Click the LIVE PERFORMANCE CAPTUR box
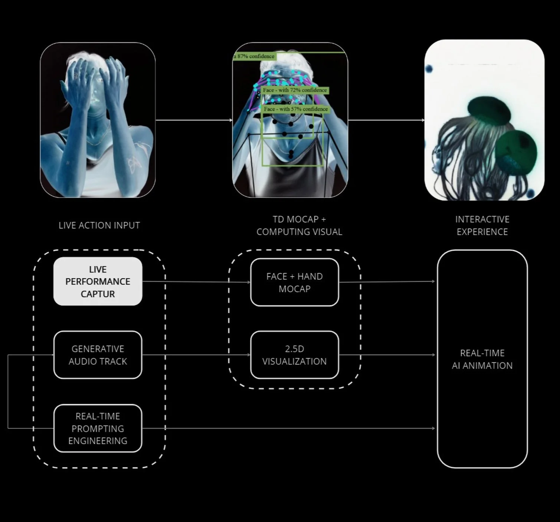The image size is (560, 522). coord(98,281)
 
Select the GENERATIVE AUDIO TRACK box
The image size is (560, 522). coord(98,355)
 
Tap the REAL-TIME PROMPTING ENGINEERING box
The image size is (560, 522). coord(98,428)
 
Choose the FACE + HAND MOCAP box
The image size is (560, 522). coord(294,282)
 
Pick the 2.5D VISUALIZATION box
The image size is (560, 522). coord(294,355)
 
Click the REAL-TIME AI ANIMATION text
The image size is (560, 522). coord(482,359)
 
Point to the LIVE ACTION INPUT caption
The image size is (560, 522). coord(99,225)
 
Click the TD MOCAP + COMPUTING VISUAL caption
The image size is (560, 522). coord(299,225)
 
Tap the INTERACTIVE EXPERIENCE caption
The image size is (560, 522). coord(482,225)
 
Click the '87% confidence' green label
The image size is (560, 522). coord(255,56)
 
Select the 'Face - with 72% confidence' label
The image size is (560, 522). coord(295,90)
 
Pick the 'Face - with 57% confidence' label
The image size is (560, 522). coord(296,109)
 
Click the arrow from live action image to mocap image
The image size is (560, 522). coord(193,120)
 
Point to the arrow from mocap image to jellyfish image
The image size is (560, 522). coord(386,120)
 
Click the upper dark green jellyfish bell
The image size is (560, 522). coord(488,110)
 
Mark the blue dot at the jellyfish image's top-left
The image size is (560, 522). coord(429,69)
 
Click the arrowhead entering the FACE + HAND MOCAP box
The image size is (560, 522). coord(249,282)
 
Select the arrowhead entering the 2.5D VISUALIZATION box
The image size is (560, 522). coord(249,355)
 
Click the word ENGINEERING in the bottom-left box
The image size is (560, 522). coord(98,441)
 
